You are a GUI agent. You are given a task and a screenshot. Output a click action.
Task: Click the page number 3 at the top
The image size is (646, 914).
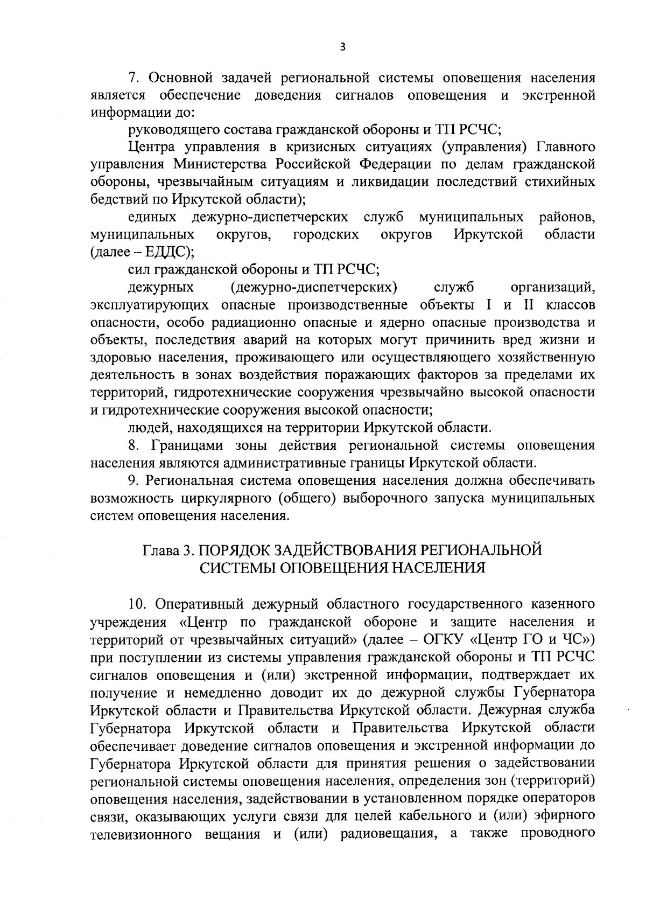[x=342, y=47]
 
